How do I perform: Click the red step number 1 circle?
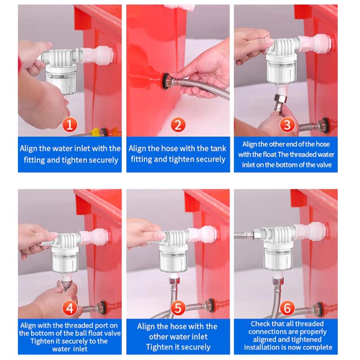(x=69, y=125)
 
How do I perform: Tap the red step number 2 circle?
(x=178, y=125)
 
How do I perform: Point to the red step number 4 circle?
(x=69, y=309)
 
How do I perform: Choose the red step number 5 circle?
(x=178, y=309)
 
